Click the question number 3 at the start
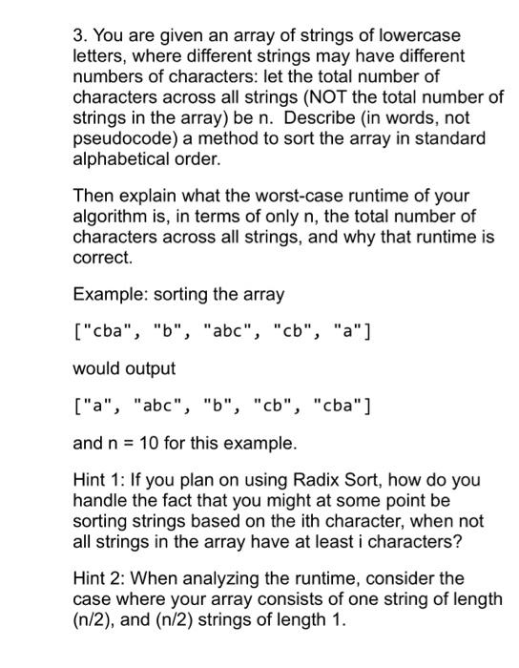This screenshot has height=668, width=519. [x=78, y=35]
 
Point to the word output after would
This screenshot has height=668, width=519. [x=144, y=368]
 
